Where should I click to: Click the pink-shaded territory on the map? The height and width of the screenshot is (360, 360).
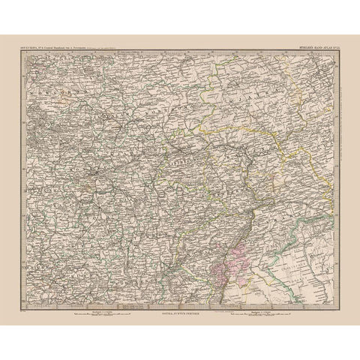[x=229, y=265]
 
